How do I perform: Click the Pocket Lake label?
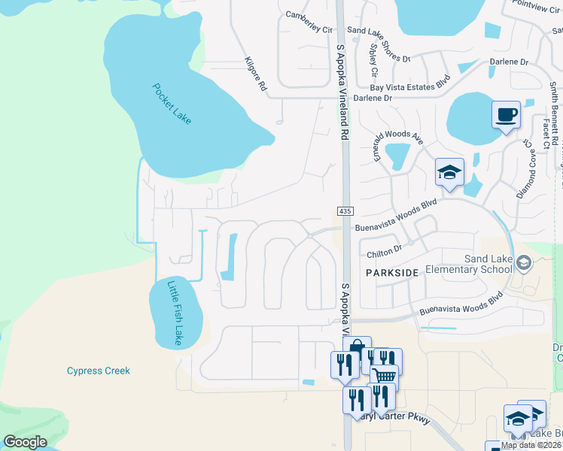point(172,103)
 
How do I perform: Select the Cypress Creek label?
point(99,371)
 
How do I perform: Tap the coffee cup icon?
point(506,115)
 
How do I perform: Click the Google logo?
point(25,442)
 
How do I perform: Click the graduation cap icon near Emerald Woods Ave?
point(449,171)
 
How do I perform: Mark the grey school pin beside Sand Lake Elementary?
point(524,262)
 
